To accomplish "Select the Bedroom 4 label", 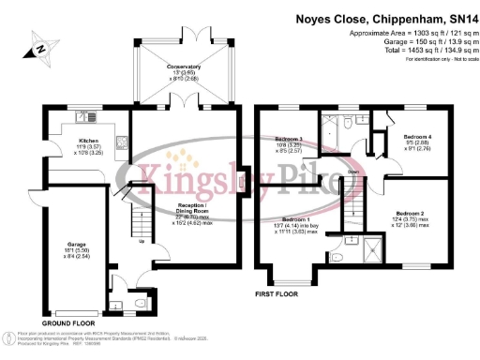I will click(x=416, y=137).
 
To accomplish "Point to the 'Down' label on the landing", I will click(x=352, y=172).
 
